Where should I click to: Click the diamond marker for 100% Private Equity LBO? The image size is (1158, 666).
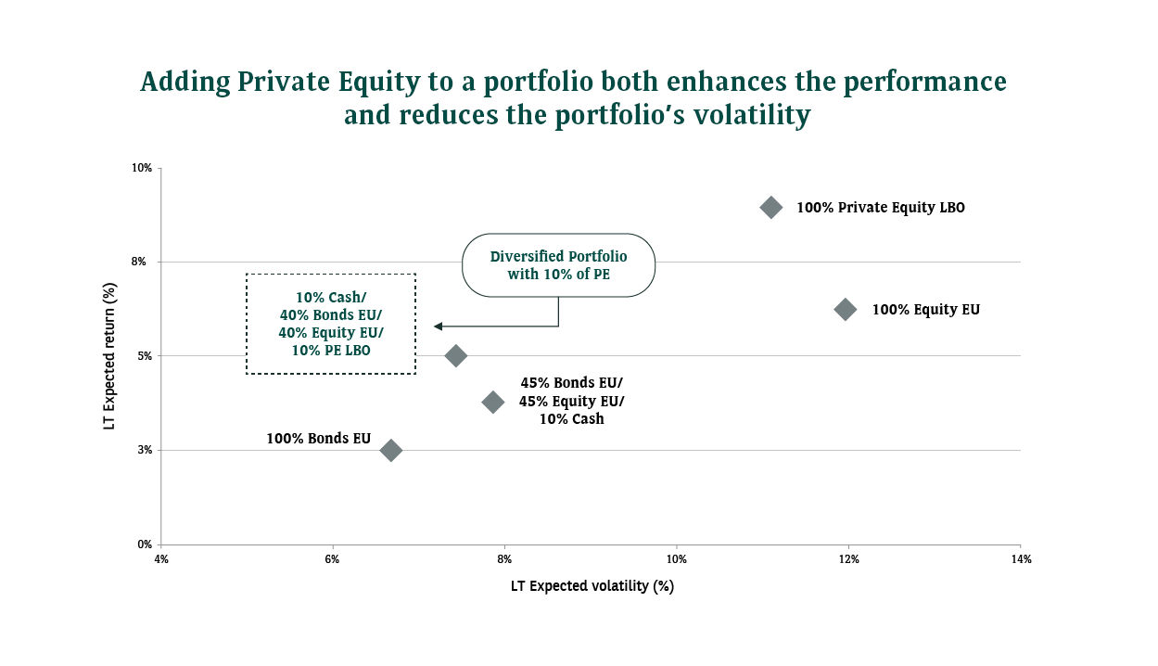click(x=770, y=208)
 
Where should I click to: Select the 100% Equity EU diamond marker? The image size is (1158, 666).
click(x=846, y=310)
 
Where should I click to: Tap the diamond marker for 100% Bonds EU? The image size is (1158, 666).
click(x=391, y=450)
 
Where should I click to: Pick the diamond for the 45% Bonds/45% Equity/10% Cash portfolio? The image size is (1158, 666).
click(x=493, y=402)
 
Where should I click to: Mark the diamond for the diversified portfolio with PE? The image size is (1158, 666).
click(x=455, y=355)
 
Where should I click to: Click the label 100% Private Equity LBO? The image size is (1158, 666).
click(x=880, y=208)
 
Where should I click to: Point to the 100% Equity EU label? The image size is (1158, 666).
click(x=925, y=310)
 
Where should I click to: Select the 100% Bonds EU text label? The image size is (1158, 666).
click(x=318, y=438)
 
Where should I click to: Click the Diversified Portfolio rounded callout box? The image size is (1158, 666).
click(x=558, y=265)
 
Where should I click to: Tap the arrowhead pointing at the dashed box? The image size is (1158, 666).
click(x=438, y=326)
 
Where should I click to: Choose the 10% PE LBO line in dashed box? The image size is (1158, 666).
click(x=331, y=350)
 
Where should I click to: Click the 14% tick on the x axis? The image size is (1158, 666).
click(x=1021, y=559)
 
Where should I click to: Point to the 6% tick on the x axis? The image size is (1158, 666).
click(x=333, y=559)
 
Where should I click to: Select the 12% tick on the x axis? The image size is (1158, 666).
click(x=848, y=559)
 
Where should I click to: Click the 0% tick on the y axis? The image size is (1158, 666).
click(x=144, y=544)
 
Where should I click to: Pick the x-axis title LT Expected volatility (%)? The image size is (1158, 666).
click(x=592, y=586)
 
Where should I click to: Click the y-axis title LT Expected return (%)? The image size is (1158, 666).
click(x=110, y=356)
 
